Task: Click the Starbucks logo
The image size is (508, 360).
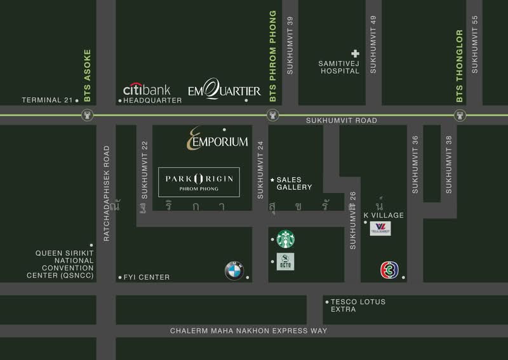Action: [x=285, y=239]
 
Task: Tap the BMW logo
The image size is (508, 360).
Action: [x=234, y=272]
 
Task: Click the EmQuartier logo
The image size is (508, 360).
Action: [x=224, y=91]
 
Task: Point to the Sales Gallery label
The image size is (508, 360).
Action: [x=293, y=183]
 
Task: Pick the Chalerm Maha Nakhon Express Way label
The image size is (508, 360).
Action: [x=249, y=331]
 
